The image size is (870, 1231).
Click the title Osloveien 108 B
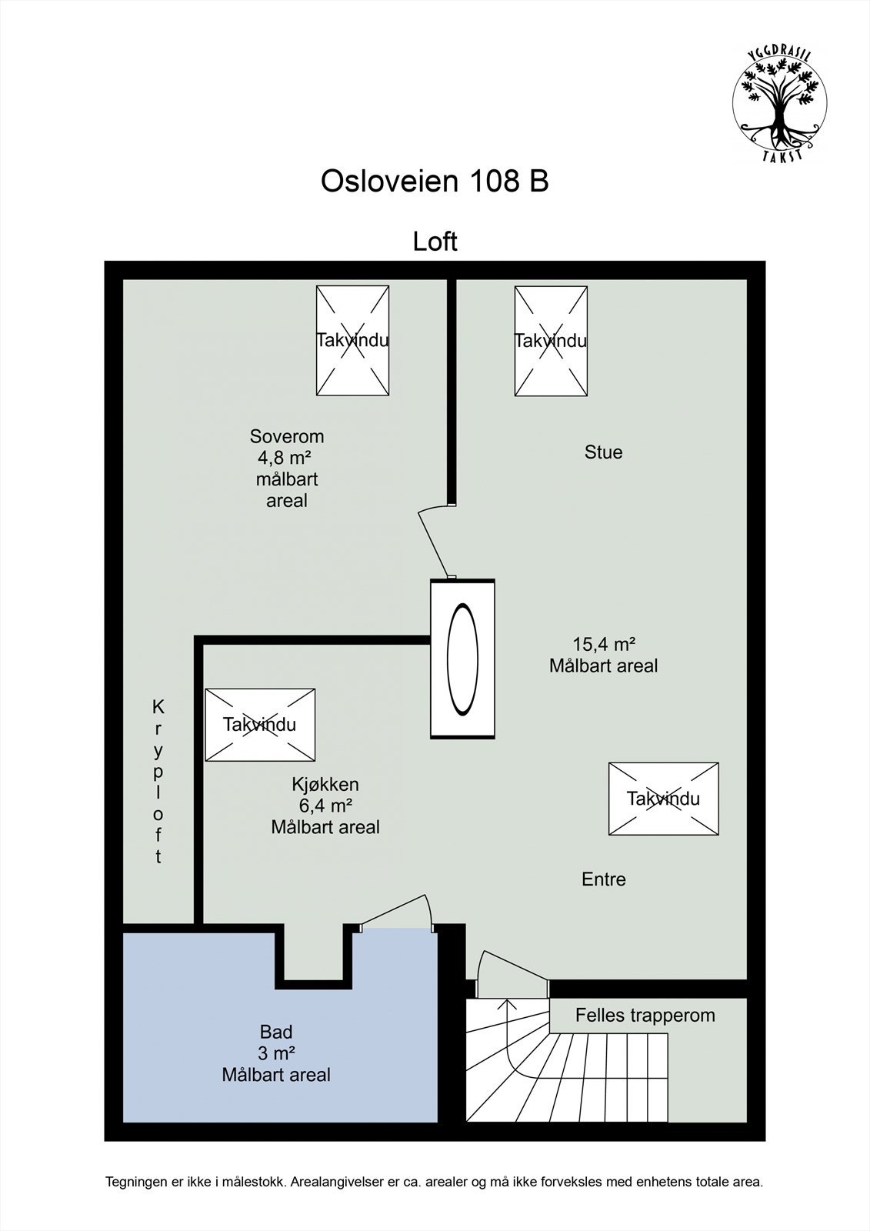(x=434, y=182)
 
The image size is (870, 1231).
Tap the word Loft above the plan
(x=435, y=241)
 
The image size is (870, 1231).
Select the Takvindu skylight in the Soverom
(x=352, y=340)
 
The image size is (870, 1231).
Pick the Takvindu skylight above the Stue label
(x=550, y=340)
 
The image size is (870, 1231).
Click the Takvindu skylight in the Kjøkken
(x=260, y=724)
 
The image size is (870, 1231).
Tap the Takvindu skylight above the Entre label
(x=663, y=798)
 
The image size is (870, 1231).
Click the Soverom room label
(x=287, y=436)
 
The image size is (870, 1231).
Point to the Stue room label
(x=603, y=452)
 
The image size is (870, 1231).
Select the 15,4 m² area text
(x=603, y=644)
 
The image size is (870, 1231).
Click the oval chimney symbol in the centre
(x=462, y=659)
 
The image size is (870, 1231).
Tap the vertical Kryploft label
(x=158, y=781)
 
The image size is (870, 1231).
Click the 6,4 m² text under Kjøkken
(x=325, y=806)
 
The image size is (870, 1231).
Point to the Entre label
(x=603, y=879)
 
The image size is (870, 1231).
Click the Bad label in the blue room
(x=276, y=1032)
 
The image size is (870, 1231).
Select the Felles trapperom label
(x=645, y=1015)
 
